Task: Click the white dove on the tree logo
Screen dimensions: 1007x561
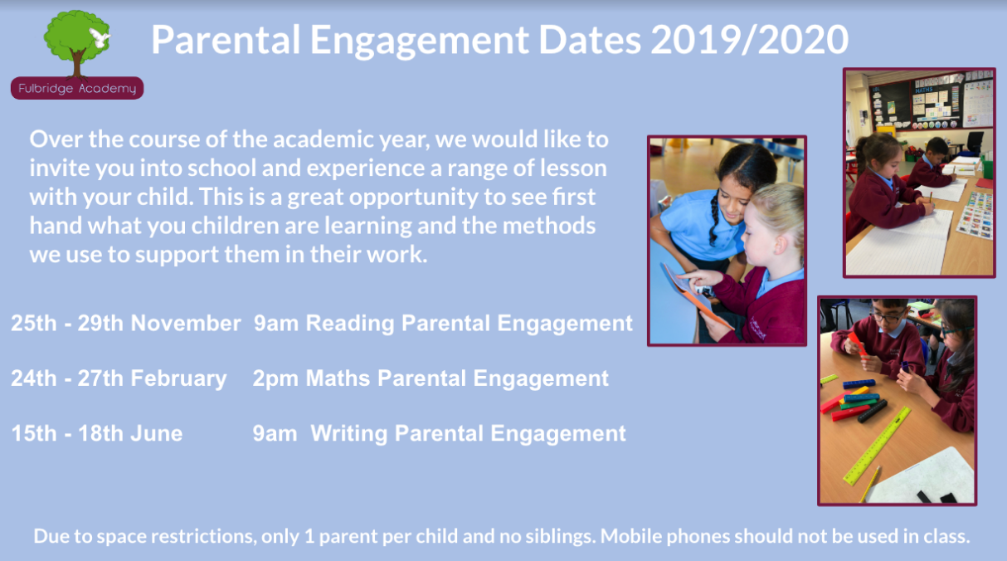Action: coord(100,38)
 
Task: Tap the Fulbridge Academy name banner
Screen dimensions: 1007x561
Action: coord(77,88)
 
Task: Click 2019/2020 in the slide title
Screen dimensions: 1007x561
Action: coord(749,40)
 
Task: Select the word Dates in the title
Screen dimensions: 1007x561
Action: coord(590,40)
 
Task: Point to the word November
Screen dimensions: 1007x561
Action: coord(186,323)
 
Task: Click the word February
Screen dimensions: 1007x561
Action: coord(178,378)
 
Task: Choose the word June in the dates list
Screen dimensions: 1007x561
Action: coord(157,434)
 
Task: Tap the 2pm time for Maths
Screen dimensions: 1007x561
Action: coord(275,378)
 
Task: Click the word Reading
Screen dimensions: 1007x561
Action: coord(350,324)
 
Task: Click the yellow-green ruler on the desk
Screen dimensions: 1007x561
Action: coord(877,446)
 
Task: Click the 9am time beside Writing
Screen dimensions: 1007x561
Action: coord(275,434)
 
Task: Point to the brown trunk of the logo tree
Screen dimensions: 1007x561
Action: coord(77,64)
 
